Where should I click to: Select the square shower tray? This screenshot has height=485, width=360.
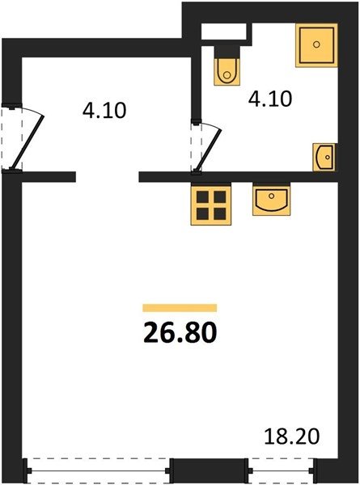(x=316, y=45)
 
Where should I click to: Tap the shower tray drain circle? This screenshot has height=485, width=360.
(x=316, y=44)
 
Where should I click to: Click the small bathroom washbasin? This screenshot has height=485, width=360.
(x=324, y=157)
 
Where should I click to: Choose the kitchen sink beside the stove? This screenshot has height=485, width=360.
(x=272, y=199)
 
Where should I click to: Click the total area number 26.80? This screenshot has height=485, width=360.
(x=180, y=332)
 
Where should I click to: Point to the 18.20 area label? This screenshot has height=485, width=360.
(x=291, y=436)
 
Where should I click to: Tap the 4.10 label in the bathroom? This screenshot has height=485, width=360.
(x=270, y=99)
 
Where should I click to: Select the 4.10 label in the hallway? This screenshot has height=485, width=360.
(x=104, y=111)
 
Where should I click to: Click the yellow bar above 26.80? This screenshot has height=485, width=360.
(x=180, y=308)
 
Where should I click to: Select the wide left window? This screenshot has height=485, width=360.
(x=98, y=470)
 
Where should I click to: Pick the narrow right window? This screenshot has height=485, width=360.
(x=282, y=470)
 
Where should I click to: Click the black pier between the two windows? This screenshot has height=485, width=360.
(x=210, y=470)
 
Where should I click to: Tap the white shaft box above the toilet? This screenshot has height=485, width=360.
(x=224, y=32)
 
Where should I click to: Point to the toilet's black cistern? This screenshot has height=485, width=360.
(x=227, y=52)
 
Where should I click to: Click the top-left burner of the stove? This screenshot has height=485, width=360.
(x=203, y=196)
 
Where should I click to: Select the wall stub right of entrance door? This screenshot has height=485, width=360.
(x=49, y=176)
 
